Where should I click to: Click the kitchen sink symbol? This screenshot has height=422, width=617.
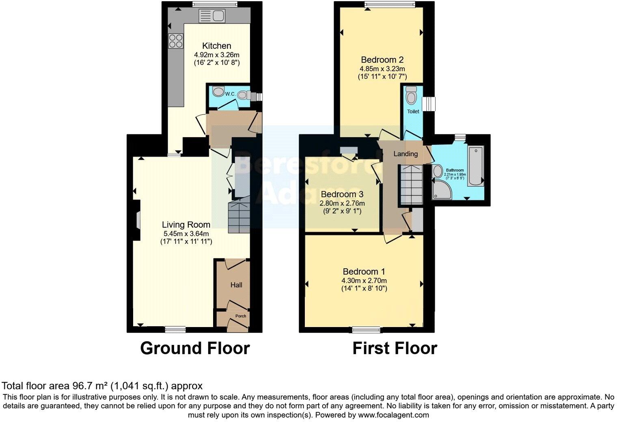[211, 16]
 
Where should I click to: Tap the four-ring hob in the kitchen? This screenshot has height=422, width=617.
[176, 41]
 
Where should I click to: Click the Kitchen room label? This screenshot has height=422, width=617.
[217, 46]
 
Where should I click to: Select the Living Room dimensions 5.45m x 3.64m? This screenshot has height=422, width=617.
[186, 233]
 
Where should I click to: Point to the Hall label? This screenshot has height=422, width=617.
[236, 285]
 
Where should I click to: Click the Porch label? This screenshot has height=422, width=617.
[241, 316]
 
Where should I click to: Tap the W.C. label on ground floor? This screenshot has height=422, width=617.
[230, 94]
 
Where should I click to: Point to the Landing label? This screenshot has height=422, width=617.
[406, 154]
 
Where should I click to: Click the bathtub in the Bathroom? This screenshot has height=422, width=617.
[475, 166]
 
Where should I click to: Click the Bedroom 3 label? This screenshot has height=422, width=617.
[342, 194]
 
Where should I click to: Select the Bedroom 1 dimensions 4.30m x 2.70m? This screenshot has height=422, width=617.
[364, 280]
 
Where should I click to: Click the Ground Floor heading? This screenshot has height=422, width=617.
[195, 349]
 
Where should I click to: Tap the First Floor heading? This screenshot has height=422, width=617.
[395, 349]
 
